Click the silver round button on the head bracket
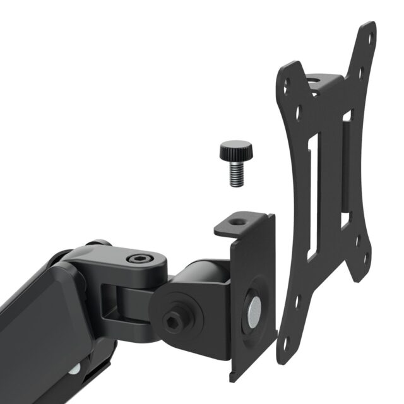(x=254, y=309)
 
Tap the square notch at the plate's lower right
(x=346, y=220)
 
